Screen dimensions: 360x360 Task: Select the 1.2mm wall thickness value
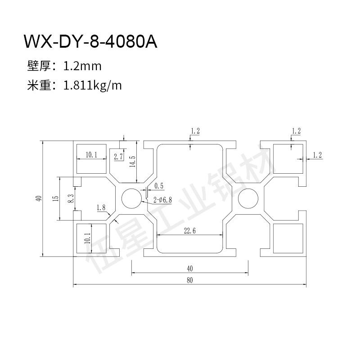click(x=82, y=66)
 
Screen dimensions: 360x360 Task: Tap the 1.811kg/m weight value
click(x=93, y=85)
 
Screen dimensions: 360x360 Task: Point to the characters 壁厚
click(x=38, y=66)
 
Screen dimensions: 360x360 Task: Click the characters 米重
click(x=38, y=85)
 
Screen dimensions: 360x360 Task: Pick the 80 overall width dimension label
click(x=189, y=280)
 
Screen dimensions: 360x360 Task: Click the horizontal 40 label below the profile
click(x=189, y=269)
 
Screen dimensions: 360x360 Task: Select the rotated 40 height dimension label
click(x=40, y=198)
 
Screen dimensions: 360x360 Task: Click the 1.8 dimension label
click(x=101, y=207)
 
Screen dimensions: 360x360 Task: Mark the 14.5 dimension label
click(x=132, y=161)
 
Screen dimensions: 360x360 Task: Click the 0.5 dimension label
click(x=159, y=186)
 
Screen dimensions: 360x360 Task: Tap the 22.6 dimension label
click(x=189, y=231)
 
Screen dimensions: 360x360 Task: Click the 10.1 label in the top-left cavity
click(x=91, y=154)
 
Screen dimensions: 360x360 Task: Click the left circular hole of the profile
click(x=131, y=198)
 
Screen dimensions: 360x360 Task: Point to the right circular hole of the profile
click(x=247, y=198)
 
